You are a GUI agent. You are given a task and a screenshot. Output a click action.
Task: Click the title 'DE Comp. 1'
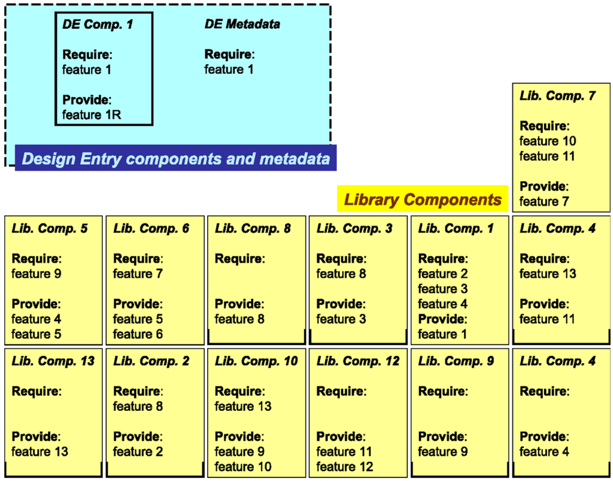click(x=98, y=25)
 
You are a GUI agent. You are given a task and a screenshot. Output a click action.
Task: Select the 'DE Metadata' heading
click(x=242, y=25)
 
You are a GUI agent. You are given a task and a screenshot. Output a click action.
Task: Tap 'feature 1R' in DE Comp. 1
click(x=92, y=114)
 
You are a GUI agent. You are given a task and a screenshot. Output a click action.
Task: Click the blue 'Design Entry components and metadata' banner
click(x=175, y=159)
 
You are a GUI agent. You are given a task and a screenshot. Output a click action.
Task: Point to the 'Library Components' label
click(x=423, y=199)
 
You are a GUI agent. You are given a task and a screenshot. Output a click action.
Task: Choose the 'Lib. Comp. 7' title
click(x=557, y=96)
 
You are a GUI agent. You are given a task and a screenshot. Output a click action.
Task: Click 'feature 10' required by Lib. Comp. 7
click(x=548, y=141)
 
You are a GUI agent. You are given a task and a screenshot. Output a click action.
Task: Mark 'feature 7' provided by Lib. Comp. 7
click(x=544, y=201)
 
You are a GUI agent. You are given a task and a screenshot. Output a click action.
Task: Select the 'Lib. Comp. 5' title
click(x=49, y=229)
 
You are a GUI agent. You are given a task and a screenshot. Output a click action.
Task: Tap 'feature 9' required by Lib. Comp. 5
click(x=37, y=274)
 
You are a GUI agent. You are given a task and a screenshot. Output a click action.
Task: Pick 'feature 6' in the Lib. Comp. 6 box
click(x=138, y=334)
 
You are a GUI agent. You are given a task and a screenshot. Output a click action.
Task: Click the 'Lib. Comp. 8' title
click(x=253, y=229)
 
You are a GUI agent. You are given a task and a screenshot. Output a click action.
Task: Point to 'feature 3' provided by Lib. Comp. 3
click(x=341, y=319)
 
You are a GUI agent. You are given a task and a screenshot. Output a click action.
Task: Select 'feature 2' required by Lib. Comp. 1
click(x=443, y=274)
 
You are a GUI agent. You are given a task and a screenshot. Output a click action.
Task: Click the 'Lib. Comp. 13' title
click(x=53, y=361)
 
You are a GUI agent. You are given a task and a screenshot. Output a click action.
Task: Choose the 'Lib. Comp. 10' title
click(x=256, y=361)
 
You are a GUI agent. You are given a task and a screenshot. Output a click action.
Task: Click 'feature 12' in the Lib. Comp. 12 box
click(x=345, y=467)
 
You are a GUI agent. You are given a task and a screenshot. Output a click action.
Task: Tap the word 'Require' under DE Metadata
click(x=228, y=55)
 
